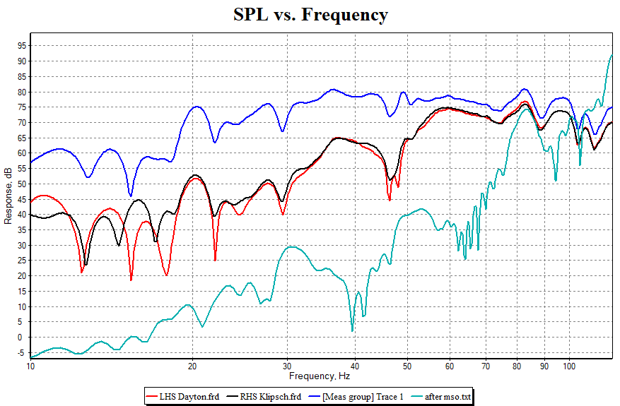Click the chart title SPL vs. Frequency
click(311, 15)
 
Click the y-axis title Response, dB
click(8, 196)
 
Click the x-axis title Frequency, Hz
click(320, 376)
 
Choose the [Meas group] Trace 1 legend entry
click(369, 397)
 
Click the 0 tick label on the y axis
click(23, 338)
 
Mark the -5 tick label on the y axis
click(21, 353)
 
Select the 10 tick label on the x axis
click(30, 366)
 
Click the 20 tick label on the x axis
click(192, 366)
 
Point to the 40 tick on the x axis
click(354, 366)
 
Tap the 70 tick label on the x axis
click(486, 366)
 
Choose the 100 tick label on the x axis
click(569, 366)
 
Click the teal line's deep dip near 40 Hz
click(352, 330)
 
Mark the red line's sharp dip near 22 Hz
click(215, 260)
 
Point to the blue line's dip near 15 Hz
click(131, 196)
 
